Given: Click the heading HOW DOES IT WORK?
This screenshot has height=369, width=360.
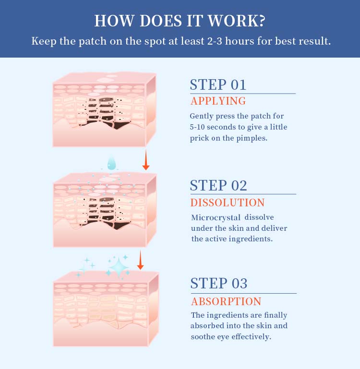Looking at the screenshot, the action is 180,21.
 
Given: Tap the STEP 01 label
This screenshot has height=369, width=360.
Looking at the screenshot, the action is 218,85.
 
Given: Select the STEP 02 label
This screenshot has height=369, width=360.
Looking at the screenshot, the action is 218,185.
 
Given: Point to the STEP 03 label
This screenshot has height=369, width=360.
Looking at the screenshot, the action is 219,283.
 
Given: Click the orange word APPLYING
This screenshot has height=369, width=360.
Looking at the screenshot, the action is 218,101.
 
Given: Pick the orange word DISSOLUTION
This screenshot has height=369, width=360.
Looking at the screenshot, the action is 228,202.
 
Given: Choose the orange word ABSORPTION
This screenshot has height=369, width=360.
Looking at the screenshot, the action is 226,301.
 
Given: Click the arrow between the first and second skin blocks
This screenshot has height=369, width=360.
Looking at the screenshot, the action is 146,160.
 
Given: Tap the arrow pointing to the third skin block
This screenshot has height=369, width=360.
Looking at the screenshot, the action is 140,260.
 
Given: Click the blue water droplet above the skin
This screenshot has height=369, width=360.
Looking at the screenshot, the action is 111,164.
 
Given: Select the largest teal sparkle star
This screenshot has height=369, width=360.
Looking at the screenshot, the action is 119,268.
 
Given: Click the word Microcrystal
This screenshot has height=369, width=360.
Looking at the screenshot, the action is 216,217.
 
